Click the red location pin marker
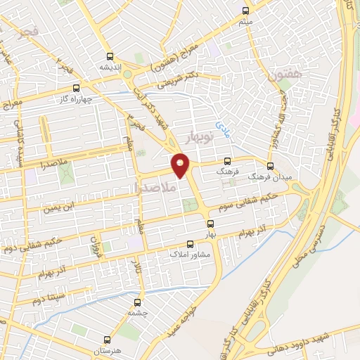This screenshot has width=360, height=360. [x=181, y=165]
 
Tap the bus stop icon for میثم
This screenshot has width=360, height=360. [x=245, y=11]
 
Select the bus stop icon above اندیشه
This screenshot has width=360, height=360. [x=109, y=56]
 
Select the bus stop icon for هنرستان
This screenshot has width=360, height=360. [x=107, y=338]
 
